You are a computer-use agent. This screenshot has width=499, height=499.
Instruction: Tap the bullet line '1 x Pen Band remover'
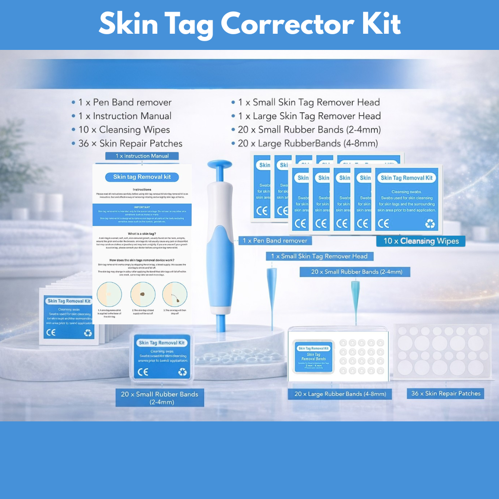(x=125, y=103)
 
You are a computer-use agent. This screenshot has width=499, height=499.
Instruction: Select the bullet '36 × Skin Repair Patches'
(x=130, y=144)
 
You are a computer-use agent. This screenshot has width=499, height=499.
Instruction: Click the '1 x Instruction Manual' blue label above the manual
(x=142, y=156)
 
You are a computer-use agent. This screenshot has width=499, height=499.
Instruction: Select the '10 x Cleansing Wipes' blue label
(x=420, y=241)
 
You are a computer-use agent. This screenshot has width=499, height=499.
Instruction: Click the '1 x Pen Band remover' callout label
(x=275, y=241)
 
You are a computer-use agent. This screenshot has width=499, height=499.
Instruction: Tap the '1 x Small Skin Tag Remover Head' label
(x=319, y=256)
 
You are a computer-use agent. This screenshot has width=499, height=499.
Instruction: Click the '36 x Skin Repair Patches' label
(x=446, y=394)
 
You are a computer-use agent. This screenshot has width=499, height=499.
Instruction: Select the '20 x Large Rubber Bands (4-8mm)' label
(x=340, y=394)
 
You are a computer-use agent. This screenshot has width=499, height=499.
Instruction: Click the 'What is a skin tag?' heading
(x=142, y=234)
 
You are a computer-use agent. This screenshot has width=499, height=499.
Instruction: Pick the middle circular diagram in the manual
(x=142, y=294)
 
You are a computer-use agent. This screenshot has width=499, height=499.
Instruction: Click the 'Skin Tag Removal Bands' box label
(x=314, y=357)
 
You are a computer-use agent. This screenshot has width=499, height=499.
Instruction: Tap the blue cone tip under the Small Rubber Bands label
(x=355, y=296)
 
